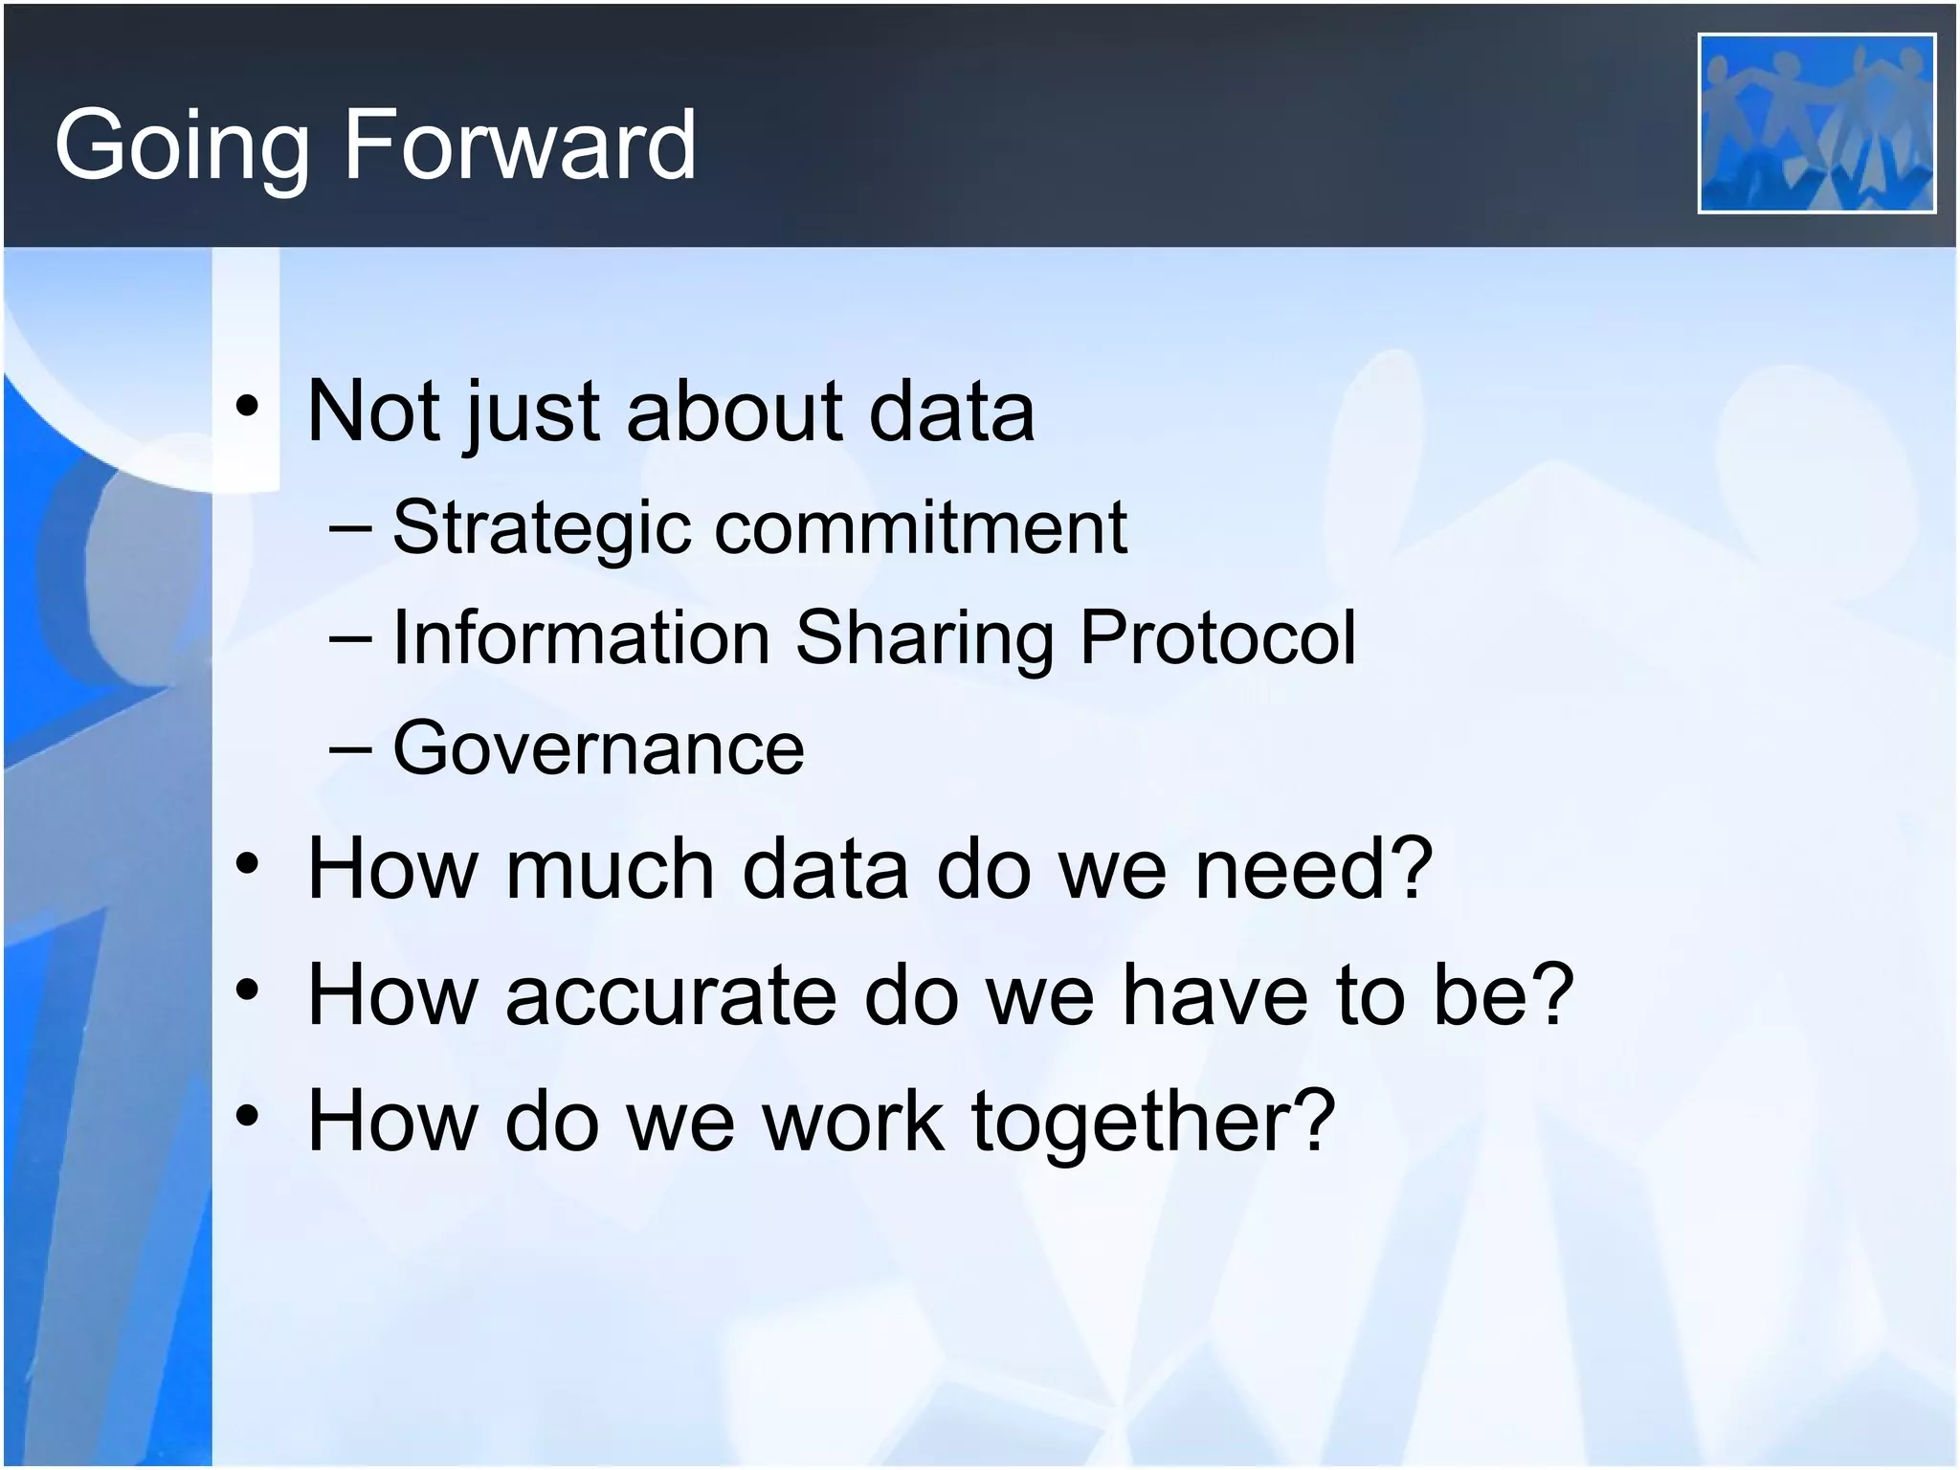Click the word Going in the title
pyautogui.click(x=182, y=145)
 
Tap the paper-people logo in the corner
pyautogui.click(x=1815, y=123)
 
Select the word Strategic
pyautogui.click(x=541, y=528)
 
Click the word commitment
pyautogui.click(x=921, y=528)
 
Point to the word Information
pyautogui.click(x=581, y=637)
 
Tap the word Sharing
pyautogui.click(x=924, y=639)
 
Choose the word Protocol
pyautogui.click(x=1217, y=637)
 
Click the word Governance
pyautogui.click(x=598, y=748)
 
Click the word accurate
pyautogui.click(x=670, y=995)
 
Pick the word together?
pyautogui.click(x=1152, y=1122)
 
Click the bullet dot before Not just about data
pyautogui.click(x=248, y=410)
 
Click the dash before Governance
pyautogui.click(x=349, y=749)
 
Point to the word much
pyautogui.click(x=610, y=869)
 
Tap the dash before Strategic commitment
pyautogui.click(x=349, y=529)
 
